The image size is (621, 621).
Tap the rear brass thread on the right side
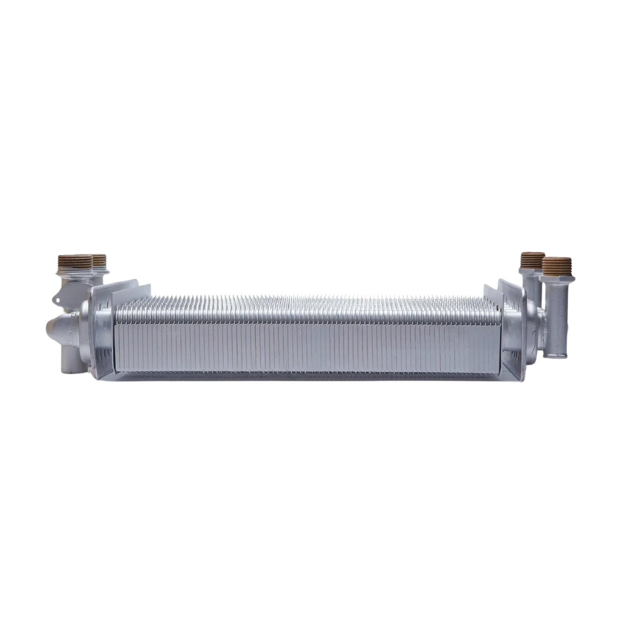pyautogui.click(x=532, y=260)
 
